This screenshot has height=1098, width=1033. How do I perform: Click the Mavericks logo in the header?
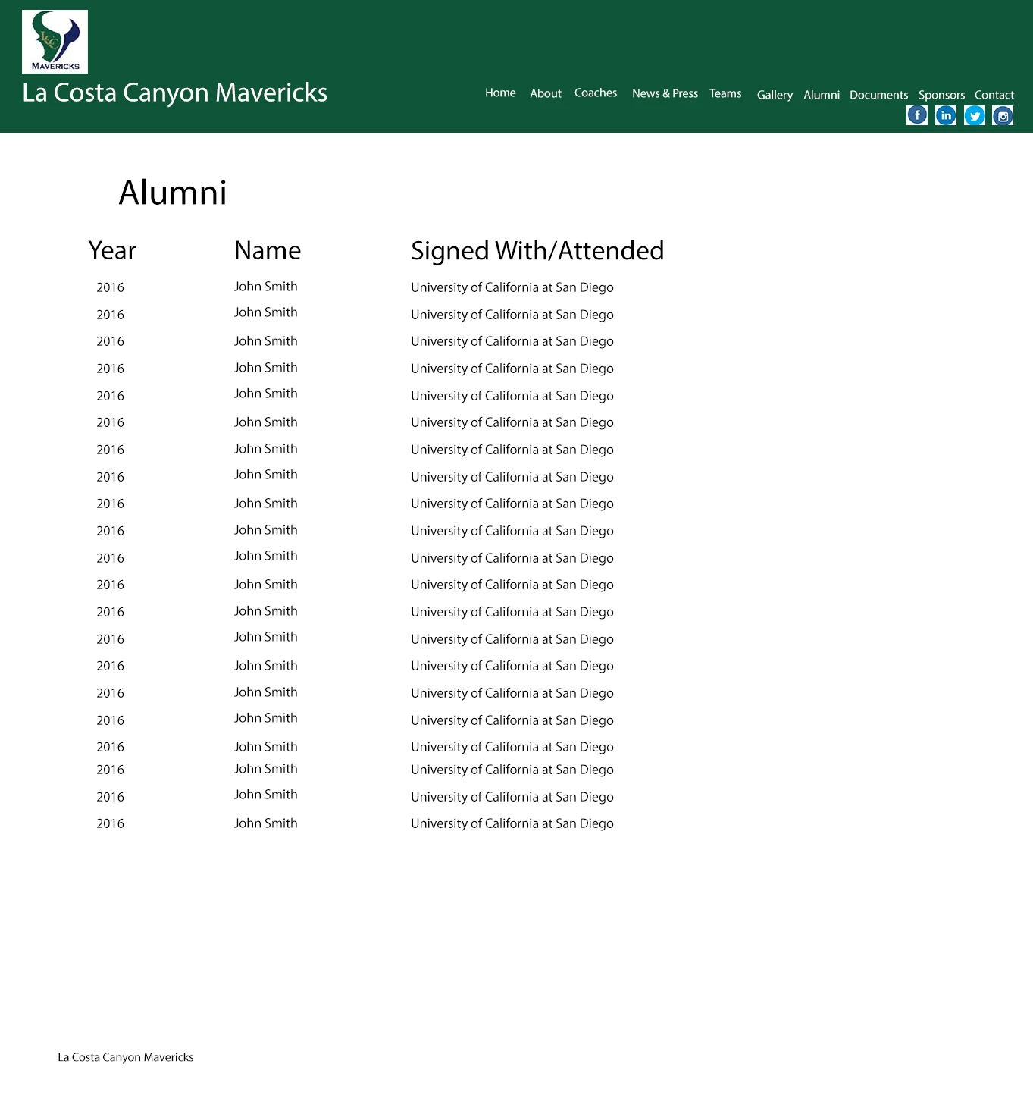click(x=55, y=42)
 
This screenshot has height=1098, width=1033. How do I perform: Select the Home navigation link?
click(x=500, y=93)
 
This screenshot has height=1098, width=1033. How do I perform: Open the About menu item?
click(x=546, y=93)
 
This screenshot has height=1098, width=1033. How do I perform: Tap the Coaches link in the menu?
click(x=596, y=93)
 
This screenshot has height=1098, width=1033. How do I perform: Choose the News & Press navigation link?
click(x=665, y=93)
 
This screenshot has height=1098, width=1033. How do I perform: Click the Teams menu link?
click(x=725, y=93)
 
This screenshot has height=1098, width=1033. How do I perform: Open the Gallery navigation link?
click(x=775, y=95)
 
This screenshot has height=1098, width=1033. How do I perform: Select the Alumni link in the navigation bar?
click(x=822, y=95)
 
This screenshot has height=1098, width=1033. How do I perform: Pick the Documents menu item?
click(x=878, y=95)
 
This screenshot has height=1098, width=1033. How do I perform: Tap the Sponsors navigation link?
click(x=941, y=95)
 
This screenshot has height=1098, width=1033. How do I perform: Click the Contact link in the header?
click(x=994, y=95)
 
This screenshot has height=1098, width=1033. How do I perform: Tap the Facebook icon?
click(x=917, y=115)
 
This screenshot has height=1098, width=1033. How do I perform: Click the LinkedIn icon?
click(x=946, y=115)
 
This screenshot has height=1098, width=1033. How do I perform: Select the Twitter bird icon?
click(x=975, y=115)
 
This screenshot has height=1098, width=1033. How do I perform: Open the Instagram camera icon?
click(x=1003, y=116)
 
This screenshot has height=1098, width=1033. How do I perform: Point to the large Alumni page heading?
click(x=173, y=193)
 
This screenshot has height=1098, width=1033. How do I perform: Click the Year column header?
click(x=112, y=251)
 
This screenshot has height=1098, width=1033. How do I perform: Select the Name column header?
click(x=268, y=251)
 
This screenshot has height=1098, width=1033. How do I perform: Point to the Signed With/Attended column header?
click(x=537, y=251)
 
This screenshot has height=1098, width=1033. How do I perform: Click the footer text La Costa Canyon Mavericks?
click(x=126, y=1057)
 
